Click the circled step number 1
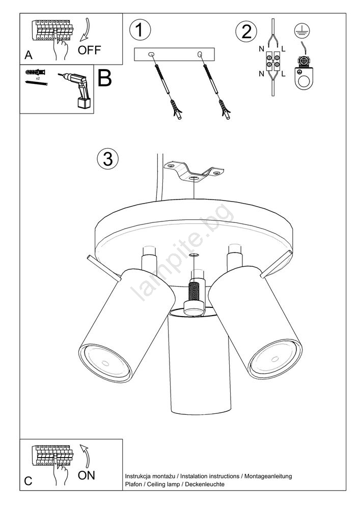[x=140, y=30]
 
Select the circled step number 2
[x=246, y=32]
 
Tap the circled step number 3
[x=108, y=159]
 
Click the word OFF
[x=89, y=50]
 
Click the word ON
[x=87, y=475]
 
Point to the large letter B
[x=104, y=78]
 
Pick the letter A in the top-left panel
[x=29, y=55]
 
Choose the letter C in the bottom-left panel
[x=29, y=481]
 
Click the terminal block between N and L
[x=273, y=61]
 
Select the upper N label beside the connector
[x=262, y=49]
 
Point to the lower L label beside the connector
[x=284, y=74]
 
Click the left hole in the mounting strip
[x=151, y=54]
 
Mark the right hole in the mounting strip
[x=200, y=53]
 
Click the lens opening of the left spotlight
[x=105, y=362]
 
